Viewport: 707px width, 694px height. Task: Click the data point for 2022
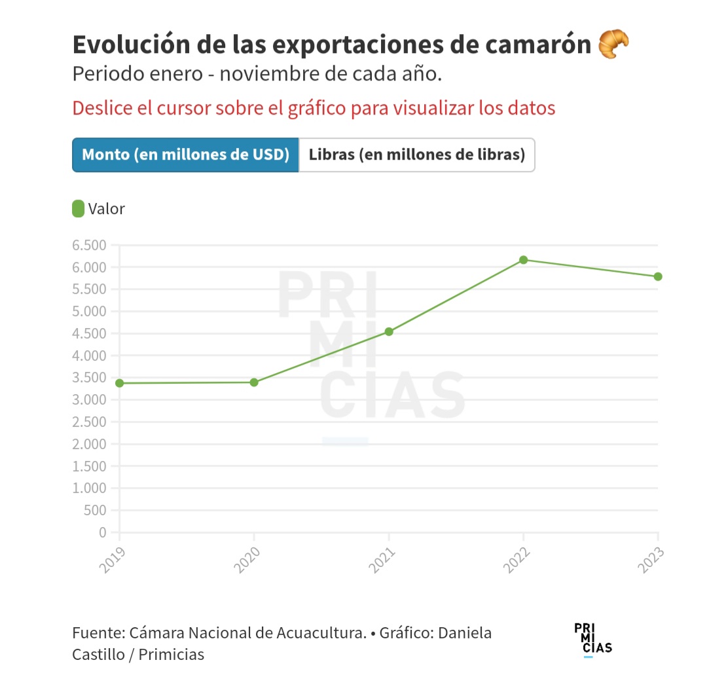(x=523, y=260)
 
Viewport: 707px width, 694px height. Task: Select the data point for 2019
(x=119, y=383)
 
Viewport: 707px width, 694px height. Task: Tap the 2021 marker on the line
(x=389, y=332)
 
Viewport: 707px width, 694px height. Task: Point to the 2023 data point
(x=658, y=276)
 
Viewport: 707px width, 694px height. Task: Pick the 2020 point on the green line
(x=254, y=382)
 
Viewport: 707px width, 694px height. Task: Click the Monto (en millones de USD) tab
(x=185, y=155)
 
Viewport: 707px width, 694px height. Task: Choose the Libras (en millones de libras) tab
(x=417, y=155)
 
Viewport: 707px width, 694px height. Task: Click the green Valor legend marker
(x=78, y=209)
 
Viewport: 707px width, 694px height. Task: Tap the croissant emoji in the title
(x=613, y=45)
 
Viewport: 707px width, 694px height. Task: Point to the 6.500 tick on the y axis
(x=90, y=246)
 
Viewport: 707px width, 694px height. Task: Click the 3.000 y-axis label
(x=90, y=400)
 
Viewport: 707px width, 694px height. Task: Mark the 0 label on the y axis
(x=103, y=533)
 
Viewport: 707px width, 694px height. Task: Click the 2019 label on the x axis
(x=113, y=560)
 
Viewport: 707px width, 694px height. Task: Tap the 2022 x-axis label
(x=517, y=560)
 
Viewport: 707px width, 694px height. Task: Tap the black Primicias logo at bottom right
(x=593, y=639)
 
